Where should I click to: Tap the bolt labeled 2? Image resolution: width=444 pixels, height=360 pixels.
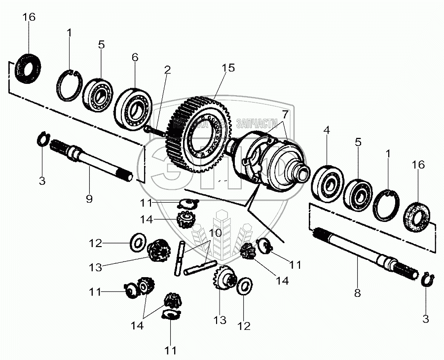(x=153, y=130)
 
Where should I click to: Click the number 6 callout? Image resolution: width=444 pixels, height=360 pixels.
(x=134, y=57)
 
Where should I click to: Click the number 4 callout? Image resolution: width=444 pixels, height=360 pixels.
(x=326, y=132)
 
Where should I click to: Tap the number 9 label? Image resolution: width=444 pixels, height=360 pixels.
(x=89, y=198)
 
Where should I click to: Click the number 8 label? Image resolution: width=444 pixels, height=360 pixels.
(x=357, y=293)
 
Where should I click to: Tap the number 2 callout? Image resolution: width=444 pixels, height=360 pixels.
(x=168, y=70)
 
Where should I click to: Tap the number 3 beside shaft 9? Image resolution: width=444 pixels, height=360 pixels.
(x=42, y=181)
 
